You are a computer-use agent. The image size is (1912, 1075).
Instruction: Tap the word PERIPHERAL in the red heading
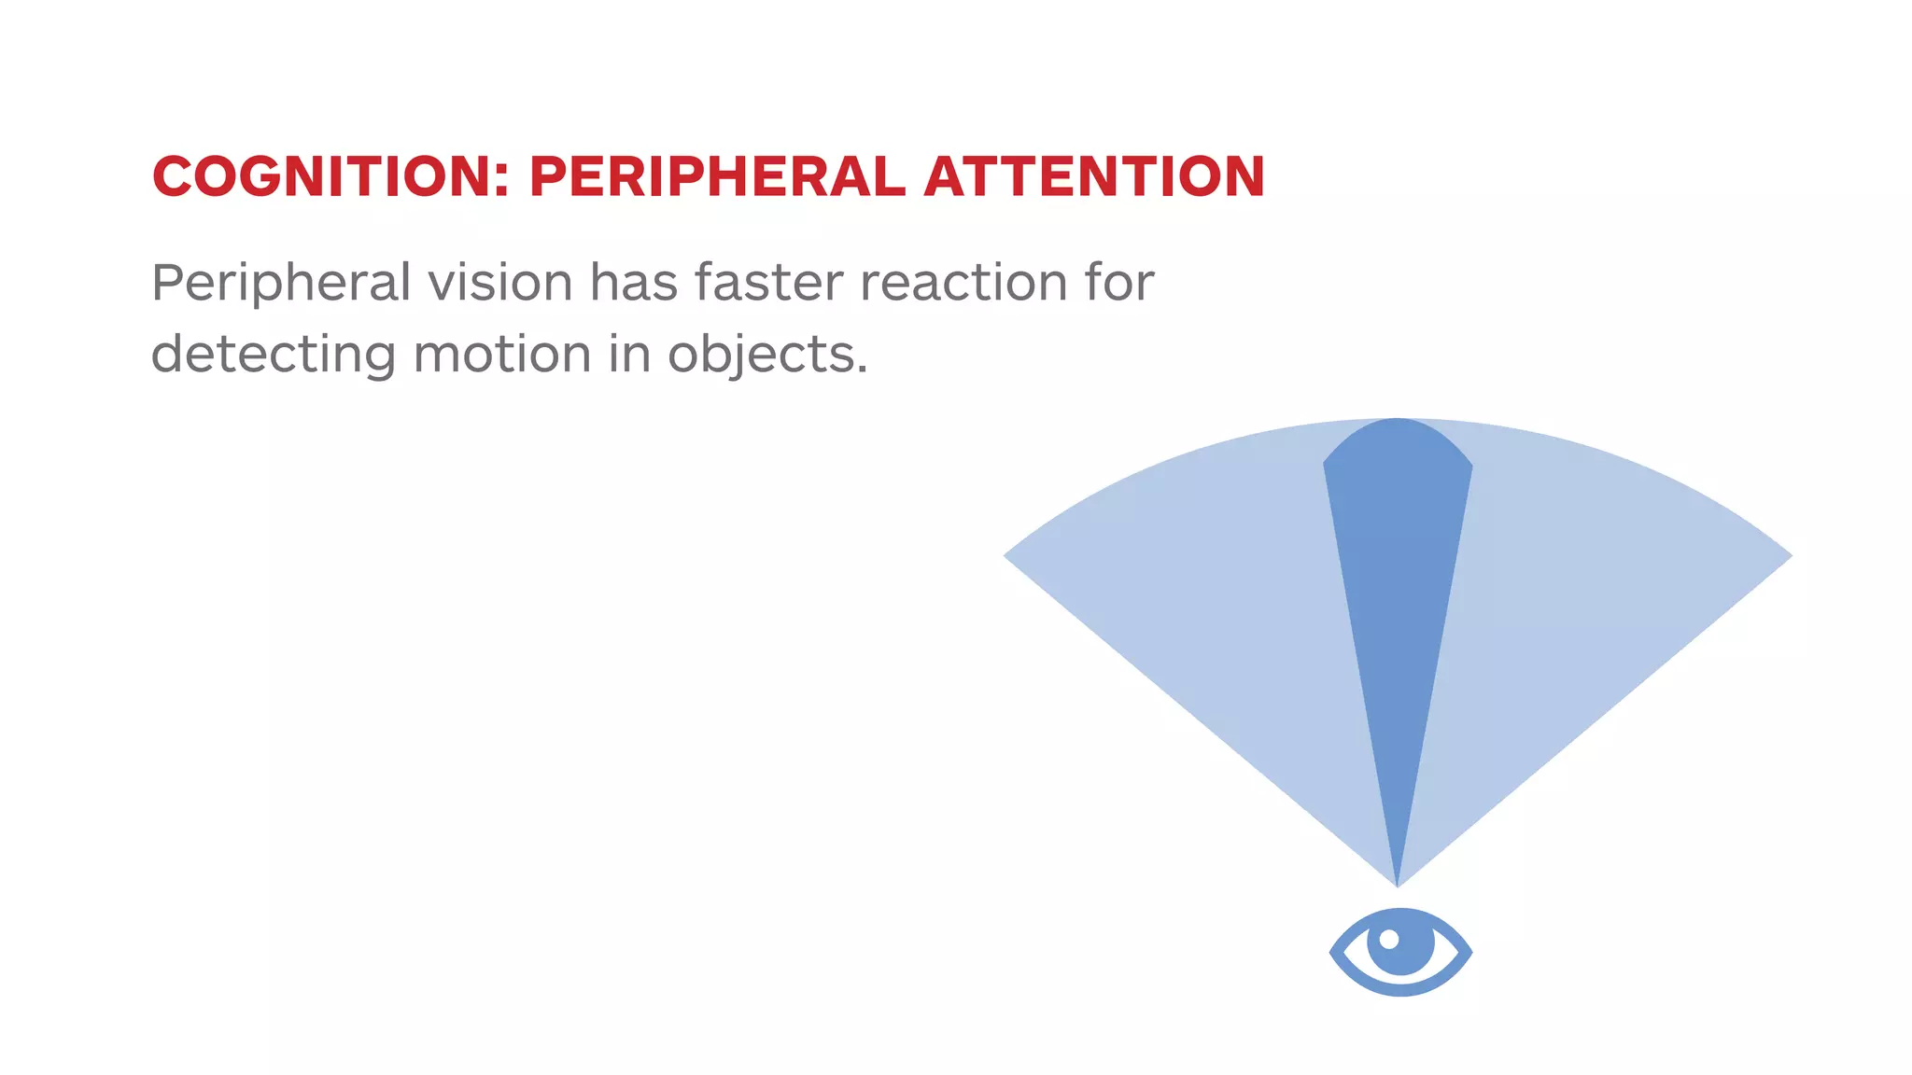click(716, 176)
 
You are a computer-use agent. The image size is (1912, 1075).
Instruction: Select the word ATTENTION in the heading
click(1093, 176)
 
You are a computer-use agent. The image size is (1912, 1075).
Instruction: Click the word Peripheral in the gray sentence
click(281, 283)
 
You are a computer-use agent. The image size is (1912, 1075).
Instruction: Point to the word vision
click(499, 282)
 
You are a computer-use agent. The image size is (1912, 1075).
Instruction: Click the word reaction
click(963, 282)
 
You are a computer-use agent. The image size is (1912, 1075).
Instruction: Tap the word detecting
click(273, 356)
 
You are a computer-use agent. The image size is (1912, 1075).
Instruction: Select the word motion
click(502, 355)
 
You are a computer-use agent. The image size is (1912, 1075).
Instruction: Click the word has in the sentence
click(634, 282)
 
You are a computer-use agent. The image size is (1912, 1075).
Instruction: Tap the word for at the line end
click(1119, 282)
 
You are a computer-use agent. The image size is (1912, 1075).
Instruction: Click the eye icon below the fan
click(1400, 952)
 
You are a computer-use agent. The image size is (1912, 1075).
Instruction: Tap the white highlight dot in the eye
click(1389, 939)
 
